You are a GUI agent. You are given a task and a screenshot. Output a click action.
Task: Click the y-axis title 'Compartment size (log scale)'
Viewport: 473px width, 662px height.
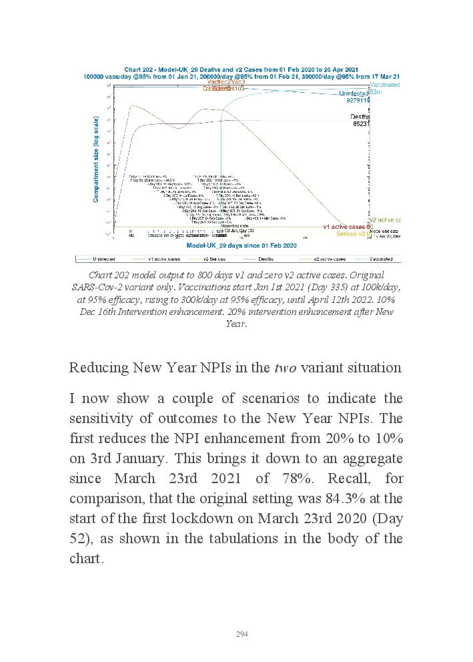[96, 159]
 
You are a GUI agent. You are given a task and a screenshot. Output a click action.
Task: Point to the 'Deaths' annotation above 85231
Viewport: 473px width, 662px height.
[360, 116]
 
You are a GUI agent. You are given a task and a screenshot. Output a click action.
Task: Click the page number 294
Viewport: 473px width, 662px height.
[242, 634]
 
